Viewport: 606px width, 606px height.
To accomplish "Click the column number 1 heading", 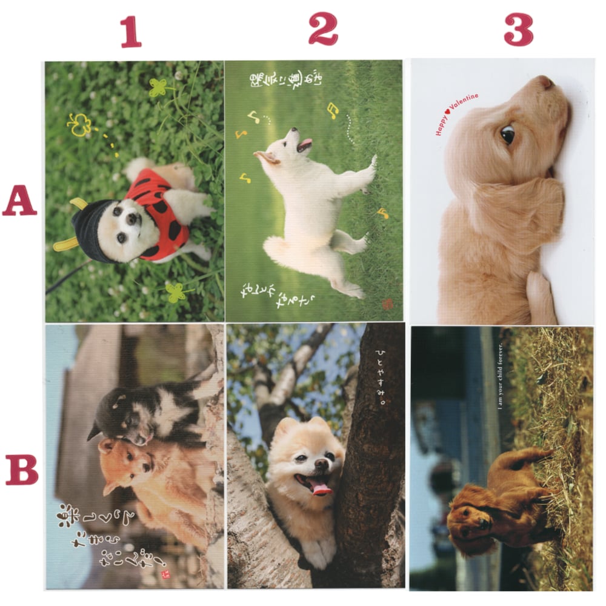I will [x=130, y=32].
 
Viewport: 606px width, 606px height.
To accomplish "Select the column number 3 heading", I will [x=518, y=29].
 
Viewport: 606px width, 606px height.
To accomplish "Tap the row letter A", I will [x=19, y=202].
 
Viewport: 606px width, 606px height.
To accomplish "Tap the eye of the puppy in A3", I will [x=507, y=135].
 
